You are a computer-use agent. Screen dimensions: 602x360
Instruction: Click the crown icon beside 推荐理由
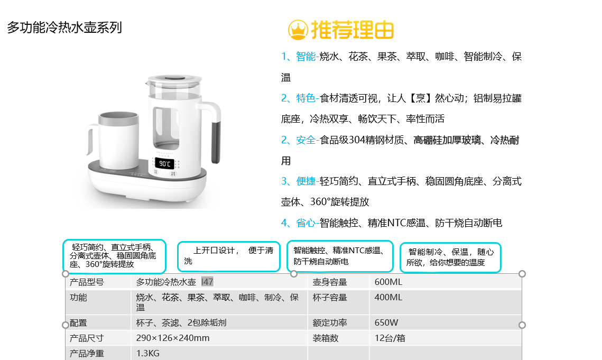[x=298, y=30]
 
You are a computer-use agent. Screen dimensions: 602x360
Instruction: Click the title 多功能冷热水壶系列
[x=64, y=27]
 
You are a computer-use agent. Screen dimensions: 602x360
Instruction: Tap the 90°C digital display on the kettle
[x=165, y=164]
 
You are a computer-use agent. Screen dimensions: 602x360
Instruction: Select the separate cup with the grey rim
[x=114, y=140]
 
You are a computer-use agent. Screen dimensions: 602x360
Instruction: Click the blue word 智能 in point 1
[x=305, y=57]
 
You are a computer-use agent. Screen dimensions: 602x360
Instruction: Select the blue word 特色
[x=305, y=98]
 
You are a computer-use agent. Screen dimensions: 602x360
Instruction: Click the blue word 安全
[x=305, y=140]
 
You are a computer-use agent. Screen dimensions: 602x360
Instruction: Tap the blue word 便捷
[x=305, y=181]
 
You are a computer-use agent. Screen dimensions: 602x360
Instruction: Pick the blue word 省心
[x=305, y=223]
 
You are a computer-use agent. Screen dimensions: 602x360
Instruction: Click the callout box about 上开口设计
[x=229, y=256]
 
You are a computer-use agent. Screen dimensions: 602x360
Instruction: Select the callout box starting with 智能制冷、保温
[x=450, y=257]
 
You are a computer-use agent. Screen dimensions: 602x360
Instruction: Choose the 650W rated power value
[x=386, y=323]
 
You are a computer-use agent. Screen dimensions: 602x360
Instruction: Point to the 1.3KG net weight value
[x=148, y=354]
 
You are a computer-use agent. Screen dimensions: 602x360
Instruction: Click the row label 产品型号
[x=87, y=282]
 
